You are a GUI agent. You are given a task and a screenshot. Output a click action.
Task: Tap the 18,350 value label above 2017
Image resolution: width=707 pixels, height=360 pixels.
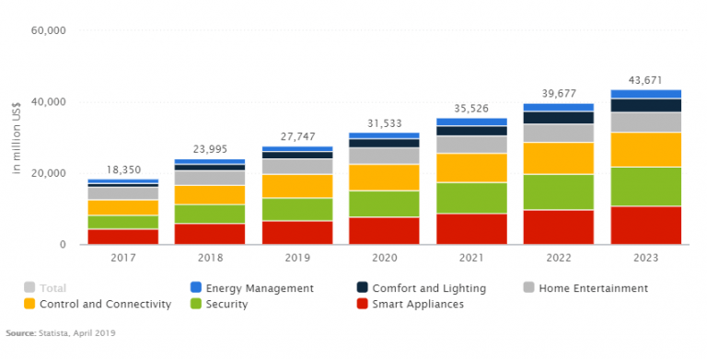pos(123,170)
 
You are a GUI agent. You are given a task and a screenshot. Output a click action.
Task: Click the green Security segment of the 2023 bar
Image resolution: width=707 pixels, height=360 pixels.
pos(645,186)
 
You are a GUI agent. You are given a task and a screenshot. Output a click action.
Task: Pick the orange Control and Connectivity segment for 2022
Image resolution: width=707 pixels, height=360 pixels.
pos(559,158)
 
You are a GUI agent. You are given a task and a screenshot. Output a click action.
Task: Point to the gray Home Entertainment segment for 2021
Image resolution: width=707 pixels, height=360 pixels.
pos(471,145)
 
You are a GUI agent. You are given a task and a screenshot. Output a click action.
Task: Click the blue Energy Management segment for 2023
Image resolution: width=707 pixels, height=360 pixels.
pos(645,94)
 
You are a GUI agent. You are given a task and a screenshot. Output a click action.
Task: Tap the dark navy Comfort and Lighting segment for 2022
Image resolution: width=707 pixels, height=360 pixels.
pos(559,118)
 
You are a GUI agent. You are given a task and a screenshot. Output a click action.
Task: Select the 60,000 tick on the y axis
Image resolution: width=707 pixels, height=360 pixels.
pos(48,30)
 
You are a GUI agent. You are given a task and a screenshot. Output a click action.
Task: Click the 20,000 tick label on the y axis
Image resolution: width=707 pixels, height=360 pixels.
pos(48,173)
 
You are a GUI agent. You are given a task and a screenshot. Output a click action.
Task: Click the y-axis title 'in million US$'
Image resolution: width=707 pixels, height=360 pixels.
pos(16,138)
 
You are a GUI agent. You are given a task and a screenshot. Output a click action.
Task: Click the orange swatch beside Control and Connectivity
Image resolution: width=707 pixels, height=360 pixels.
pos(30,304)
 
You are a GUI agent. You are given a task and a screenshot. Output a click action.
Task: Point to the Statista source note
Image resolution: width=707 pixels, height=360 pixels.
pos(61,332)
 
